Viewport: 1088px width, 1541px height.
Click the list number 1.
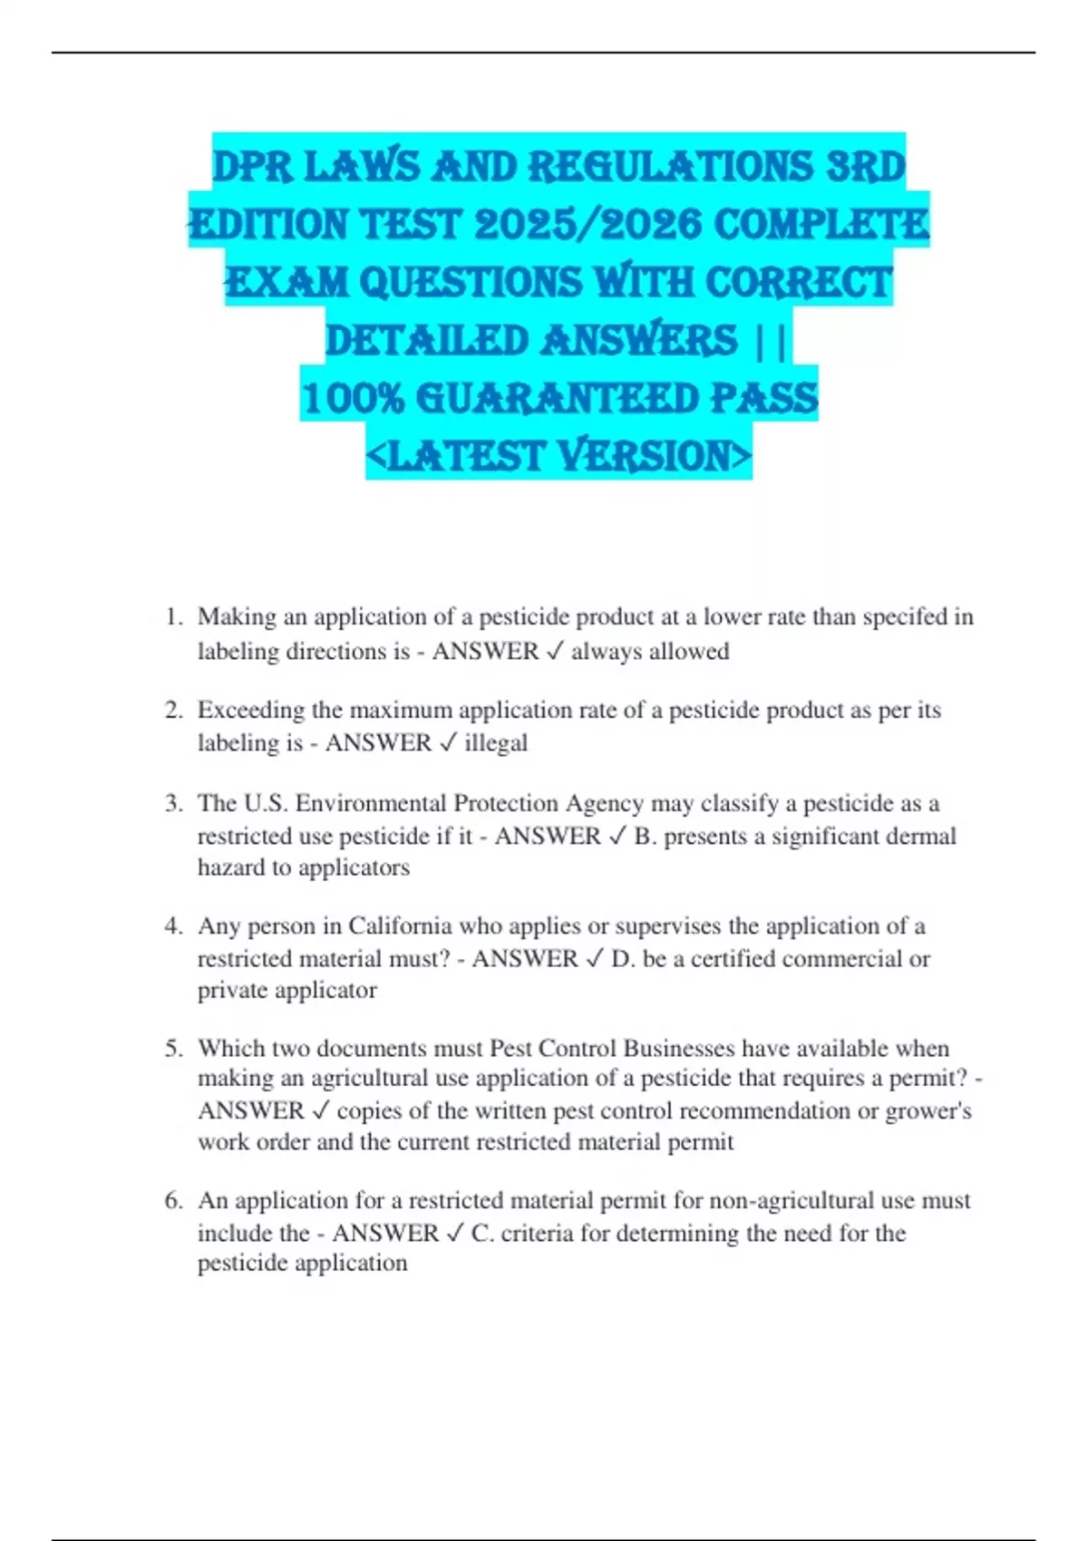[172, 617]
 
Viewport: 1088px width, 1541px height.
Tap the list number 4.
[172, 926]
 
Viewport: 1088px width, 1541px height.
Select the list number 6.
[172, 1201]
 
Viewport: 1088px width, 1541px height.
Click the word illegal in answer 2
[496, 743]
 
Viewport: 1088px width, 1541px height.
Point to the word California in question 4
[400, 926]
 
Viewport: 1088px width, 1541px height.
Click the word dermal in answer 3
[923, 836]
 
